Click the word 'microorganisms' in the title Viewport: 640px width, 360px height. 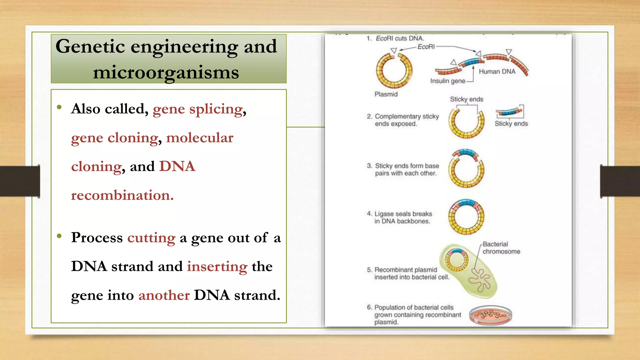[166, 72]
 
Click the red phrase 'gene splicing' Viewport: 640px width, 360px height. [197, 109]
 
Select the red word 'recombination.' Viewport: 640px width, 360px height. [122, 195]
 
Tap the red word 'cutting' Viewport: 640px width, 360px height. [151, 238]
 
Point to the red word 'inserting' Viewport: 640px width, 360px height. [217, 267]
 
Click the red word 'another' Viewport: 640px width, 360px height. [164, 295]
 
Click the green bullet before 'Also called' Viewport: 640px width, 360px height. [59, 107]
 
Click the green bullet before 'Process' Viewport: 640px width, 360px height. [59, 236]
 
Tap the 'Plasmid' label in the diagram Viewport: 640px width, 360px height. [386, 94]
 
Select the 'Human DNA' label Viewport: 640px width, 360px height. [497, 72]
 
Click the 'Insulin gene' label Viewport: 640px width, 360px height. [447, 81]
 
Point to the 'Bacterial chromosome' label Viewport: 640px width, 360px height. [501, 248]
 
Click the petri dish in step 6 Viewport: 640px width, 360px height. [491, 315]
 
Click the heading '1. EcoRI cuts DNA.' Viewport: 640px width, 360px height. [395, 38]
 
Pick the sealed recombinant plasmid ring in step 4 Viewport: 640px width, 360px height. [466, 217]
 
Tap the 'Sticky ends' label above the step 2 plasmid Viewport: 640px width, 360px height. [466, 99]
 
